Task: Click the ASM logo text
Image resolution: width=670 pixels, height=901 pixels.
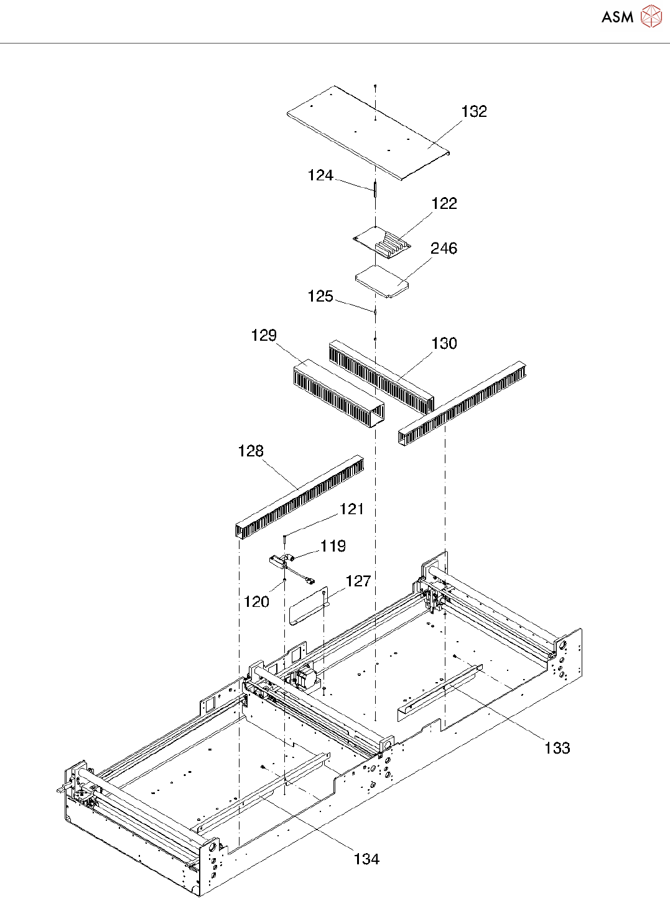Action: point(617,17)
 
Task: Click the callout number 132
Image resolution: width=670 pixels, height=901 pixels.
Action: point(474,111)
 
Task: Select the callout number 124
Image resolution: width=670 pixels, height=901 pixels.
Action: point(320,175)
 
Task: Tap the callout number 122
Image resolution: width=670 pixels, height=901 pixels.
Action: point(444,203)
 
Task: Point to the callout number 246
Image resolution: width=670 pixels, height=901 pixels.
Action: point(444,248)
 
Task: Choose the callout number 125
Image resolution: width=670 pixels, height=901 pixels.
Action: point(320,296)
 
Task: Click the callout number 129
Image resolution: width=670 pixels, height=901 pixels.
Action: point(264,335)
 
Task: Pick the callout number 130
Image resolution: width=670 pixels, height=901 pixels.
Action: point(444,343)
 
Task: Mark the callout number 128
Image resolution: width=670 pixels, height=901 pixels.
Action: point(251,451)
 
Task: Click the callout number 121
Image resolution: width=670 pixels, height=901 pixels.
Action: point(351,509)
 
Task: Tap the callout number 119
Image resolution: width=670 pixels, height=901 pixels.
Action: point(333,546)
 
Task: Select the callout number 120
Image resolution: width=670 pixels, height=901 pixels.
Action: point(256,601)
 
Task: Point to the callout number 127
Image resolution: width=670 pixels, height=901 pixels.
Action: point(358,581)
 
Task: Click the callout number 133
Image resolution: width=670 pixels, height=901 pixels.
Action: point(557,747)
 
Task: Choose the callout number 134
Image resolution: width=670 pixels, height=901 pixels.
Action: point(366,859)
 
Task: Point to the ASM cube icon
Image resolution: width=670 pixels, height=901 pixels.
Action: point(651,17)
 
